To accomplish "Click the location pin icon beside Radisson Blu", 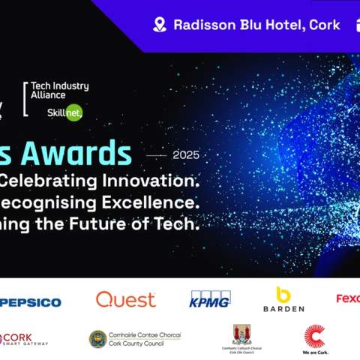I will point(159,25).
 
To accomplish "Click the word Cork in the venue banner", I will point(325,25).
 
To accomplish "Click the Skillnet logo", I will point(65,112).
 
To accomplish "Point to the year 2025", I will point(186,155).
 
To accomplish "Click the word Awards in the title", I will point(82,154).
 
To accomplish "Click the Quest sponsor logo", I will point(125,300).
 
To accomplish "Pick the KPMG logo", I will point(210,299).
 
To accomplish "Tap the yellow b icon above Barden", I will point(283,294).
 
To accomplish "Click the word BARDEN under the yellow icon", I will point(283,308).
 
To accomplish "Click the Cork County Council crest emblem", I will point(97,339).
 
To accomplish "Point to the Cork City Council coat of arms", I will point(241,334).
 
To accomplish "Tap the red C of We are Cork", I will point(314,334).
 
